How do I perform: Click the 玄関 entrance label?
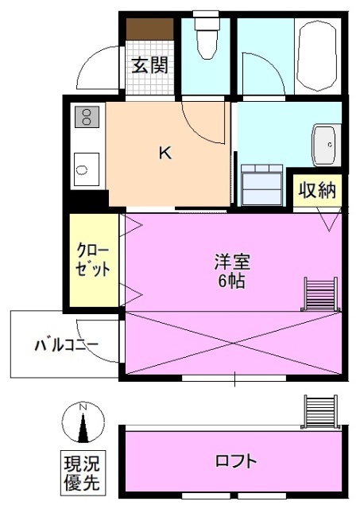[149, 66]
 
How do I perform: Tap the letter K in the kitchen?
[165, 153]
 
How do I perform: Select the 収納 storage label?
[317, 190]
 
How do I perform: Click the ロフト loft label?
[236, 460]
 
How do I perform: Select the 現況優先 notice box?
[83, 472]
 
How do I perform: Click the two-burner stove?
[85, 119]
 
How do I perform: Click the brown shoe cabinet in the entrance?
[149, 29]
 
